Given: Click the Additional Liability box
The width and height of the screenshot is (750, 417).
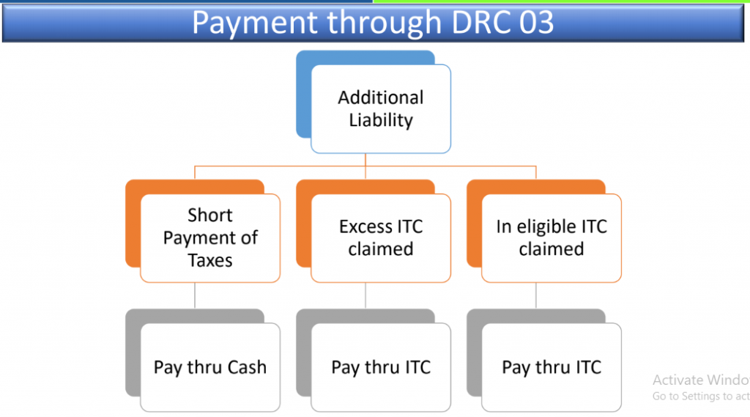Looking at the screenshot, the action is click(381, 109).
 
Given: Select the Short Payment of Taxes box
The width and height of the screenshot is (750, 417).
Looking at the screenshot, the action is click(210, 238).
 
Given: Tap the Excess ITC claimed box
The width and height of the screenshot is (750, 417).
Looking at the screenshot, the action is click(381, 238).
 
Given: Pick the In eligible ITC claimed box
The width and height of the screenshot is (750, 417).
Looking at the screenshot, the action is click(552, 238).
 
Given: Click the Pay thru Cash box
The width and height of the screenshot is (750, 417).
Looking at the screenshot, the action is click(210, 367).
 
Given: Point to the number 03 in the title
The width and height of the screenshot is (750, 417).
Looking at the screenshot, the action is click(536, 22).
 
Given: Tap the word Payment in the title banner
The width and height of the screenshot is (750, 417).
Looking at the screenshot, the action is click(255, 23).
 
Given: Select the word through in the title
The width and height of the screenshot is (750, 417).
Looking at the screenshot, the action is click(384, 23).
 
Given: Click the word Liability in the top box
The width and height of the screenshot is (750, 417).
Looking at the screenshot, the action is click(381, 120).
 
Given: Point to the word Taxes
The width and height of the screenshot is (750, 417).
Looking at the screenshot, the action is click(210, 260).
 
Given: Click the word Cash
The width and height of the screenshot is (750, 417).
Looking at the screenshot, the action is click(247, 367).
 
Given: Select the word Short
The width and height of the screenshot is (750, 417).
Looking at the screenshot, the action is click(210, 215).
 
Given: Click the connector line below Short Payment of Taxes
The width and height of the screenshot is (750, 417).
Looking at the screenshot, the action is click(195, 295).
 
